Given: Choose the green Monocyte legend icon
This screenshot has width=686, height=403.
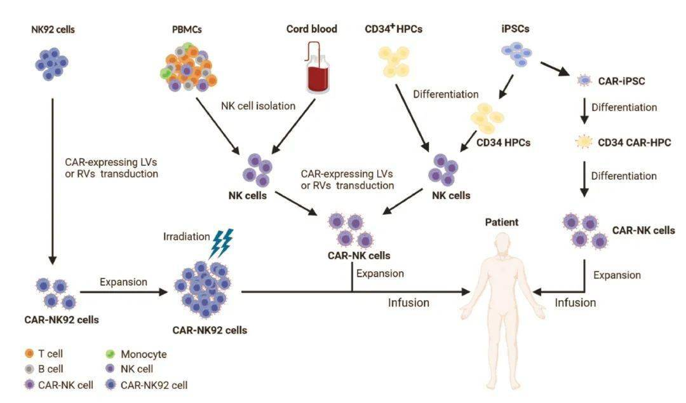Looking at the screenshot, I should [109, 354].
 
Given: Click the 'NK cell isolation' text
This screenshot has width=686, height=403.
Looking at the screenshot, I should [258, 106].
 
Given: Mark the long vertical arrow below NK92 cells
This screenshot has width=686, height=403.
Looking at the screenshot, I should [53, 178].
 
